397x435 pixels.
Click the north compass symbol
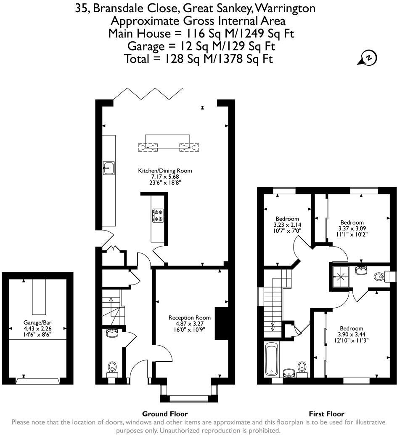[x=368, y=58]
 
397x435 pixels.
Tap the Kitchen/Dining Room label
[x=165, y=171]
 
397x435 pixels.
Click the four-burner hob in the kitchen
[x=158, y=216]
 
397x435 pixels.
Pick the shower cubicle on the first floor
[x=339, y=276]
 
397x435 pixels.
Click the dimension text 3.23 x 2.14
[x=288, y=225]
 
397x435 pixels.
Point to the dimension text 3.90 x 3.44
[x=351, y=335]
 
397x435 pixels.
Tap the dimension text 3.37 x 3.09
[x=352, y=228]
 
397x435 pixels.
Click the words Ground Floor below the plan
[x=165, y=414]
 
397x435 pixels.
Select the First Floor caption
[x=326, y=414]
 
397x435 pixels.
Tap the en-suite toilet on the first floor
[x=380, y=277]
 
